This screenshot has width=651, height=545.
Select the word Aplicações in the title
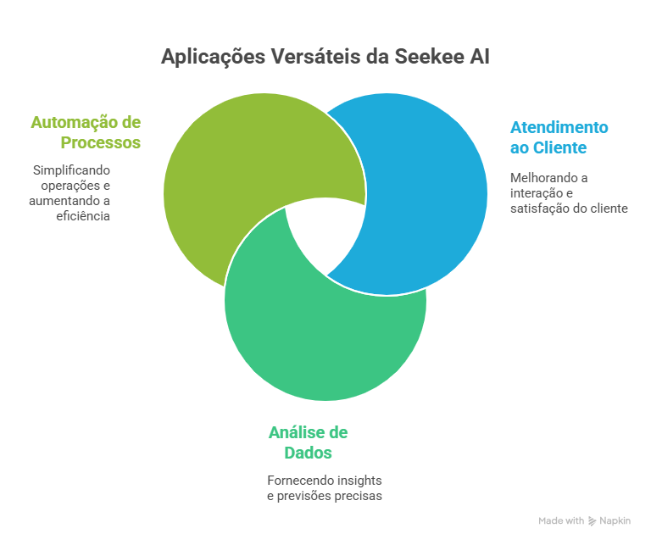[212, 57]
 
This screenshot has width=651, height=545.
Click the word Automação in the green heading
[73, 122]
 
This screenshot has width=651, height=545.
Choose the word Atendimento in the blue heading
[559, 127]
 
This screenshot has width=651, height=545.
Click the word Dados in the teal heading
[308, 453]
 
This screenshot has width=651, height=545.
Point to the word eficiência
[85, 216]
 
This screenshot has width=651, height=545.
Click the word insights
[359, 480]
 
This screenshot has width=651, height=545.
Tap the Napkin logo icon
[592, 521]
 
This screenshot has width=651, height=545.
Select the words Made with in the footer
[561, 521]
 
